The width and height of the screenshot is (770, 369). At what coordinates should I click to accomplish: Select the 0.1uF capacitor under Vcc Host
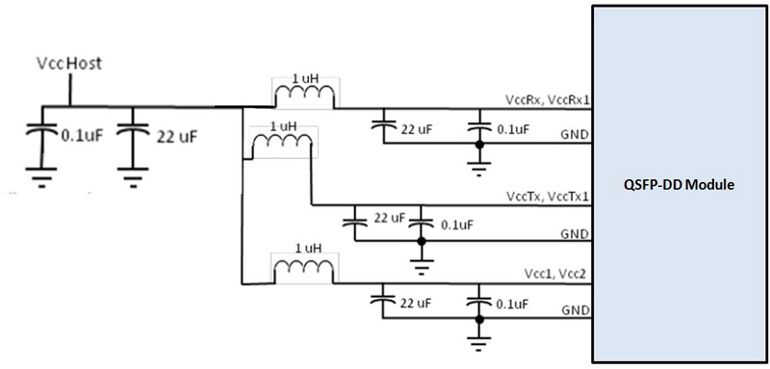coord(40,136)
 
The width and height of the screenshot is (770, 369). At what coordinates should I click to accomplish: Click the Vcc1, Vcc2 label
coord(556,275)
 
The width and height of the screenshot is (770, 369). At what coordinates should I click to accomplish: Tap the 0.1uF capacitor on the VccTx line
coord(419,223)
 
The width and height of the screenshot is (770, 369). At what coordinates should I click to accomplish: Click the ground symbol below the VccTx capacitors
coord(419,255)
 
